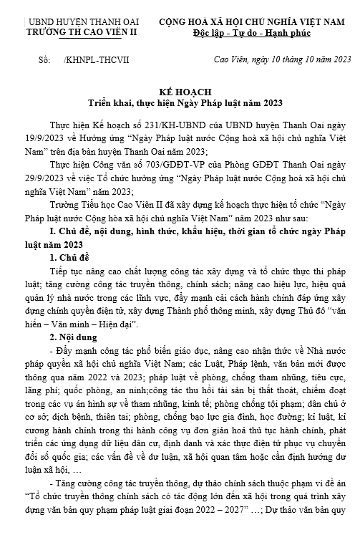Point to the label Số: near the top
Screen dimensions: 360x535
pos(45,64)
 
